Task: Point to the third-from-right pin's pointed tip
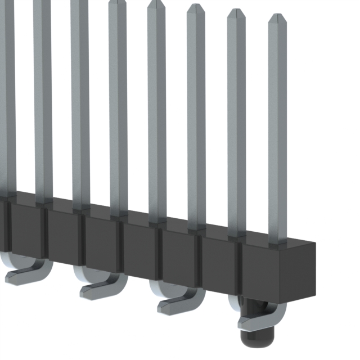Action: point(196,8)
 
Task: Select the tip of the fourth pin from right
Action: point(156,4)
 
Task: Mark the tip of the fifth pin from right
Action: point(117,3)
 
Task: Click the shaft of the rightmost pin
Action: point(277,129)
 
